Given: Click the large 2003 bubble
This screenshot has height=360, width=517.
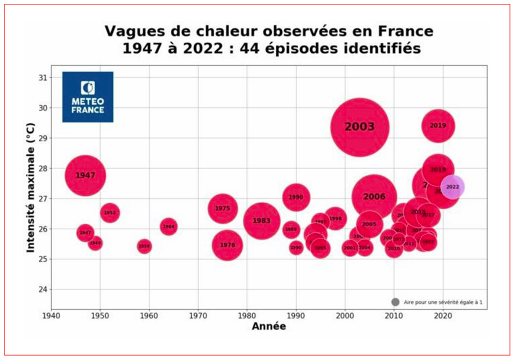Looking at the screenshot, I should (x=359, y=127).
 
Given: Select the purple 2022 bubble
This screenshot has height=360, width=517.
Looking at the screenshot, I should (x=452, y=187).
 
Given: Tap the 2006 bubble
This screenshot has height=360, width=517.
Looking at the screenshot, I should (x=374, y=197).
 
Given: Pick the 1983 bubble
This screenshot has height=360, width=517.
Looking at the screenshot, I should (x=262, y=220).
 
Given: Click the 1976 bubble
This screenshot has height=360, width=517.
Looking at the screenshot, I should (x=227, y=245).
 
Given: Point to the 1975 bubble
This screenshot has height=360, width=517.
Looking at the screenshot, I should (x=222, y=208).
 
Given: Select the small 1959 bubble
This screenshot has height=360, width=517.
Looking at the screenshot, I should (x=144, y=247).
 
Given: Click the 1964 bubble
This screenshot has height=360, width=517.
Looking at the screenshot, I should (x=169, y=227).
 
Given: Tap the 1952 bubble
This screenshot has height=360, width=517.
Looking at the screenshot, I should (x=110, y=213).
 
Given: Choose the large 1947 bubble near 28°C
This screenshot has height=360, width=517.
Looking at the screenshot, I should (x=85, y=175).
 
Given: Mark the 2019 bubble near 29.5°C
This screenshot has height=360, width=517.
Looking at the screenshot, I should (x=438, y=126).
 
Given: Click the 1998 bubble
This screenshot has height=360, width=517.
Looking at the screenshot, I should (x=335, y=219).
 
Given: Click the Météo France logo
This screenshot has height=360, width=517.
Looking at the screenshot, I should (x=88, y=97).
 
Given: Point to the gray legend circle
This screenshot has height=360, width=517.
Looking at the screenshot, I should (x=395, y=302).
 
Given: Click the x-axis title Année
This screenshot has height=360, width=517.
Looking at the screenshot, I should (x=269, y=327).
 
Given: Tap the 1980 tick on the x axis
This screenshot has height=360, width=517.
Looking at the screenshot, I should (x=247, y=316).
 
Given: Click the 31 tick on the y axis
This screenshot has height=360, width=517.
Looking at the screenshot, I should (x=42, y=77).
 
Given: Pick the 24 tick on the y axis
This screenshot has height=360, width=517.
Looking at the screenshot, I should (x=42, y=289).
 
